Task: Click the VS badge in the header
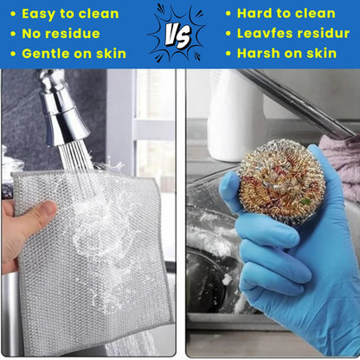click(180, 33)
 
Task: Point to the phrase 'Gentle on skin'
click(74, 54)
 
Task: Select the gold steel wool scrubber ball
click(280, 181)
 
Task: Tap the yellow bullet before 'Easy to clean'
click(11, 15)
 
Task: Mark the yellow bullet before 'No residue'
click(11, 35)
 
